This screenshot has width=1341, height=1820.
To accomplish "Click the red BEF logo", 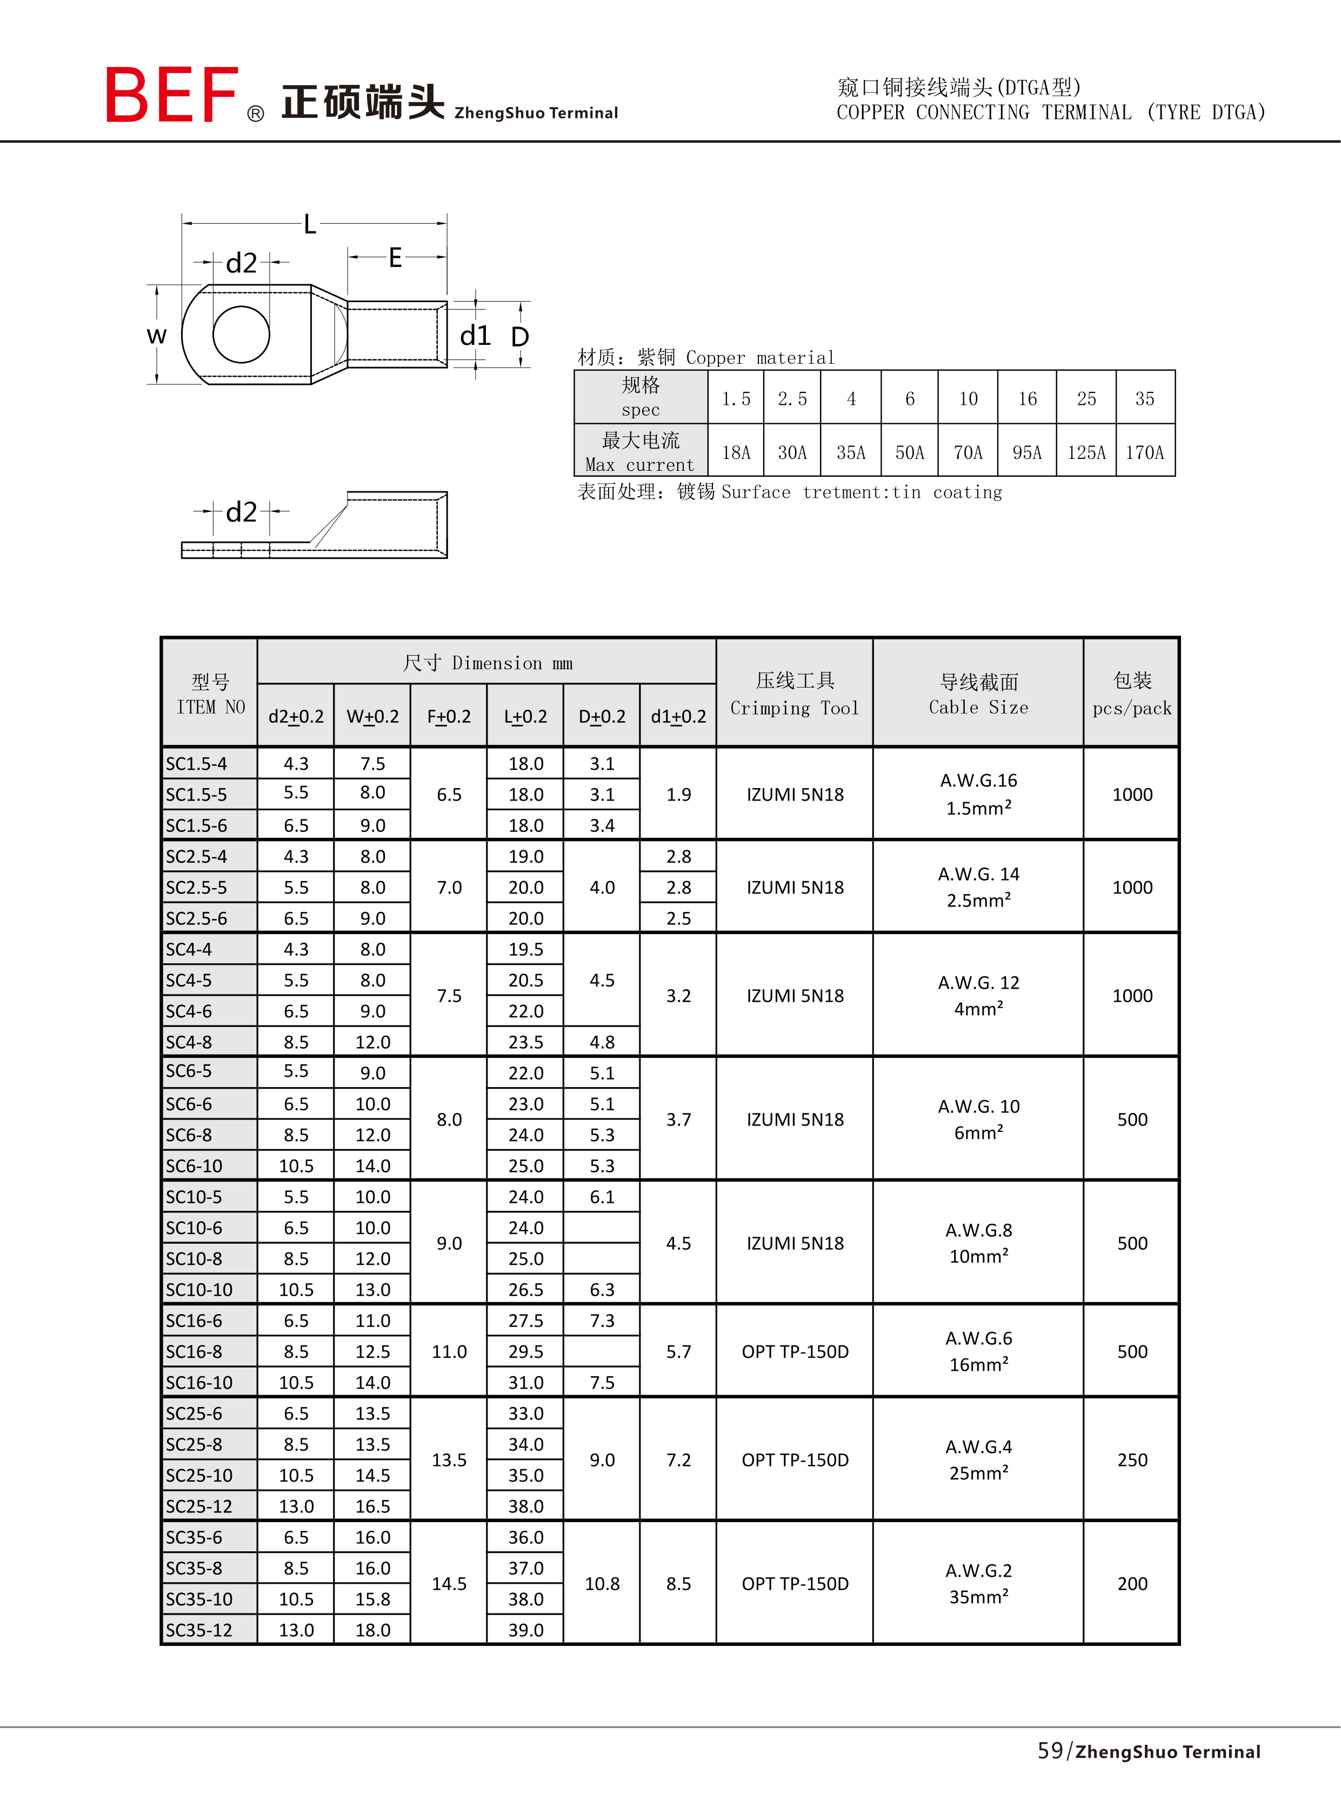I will pyautogui.click(x=171, y=95).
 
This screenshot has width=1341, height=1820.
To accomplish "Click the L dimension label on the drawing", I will pyautogui.click(x=309, y=224).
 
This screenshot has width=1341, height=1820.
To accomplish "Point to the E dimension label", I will pyautogui.click(x=395, y=258).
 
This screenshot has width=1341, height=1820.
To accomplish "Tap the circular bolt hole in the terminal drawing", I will pyautogui.click(x=241, y=334).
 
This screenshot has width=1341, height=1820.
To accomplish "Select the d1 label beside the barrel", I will pyautogui.click(x=475, y=335).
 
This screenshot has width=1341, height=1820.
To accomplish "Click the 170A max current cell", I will pyautogui.click(x=1145, y=452).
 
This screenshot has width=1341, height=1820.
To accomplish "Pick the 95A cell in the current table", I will pyautogui.click(x=1027, y=452).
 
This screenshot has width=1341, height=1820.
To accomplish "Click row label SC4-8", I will pyautogui.click(x=189, y=1042).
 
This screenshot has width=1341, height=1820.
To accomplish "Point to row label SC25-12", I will pyautogui.click(x=199, y=1506).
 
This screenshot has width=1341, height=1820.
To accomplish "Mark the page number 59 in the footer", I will pyautogui.click(x=1050, y=1750).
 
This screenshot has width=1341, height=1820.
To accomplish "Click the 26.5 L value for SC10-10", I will pyautogui.click(x=525, y=1289).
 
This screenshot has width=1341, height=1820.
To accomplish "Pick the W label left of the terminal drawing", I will pyautogui.click(x=157, y=335).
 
